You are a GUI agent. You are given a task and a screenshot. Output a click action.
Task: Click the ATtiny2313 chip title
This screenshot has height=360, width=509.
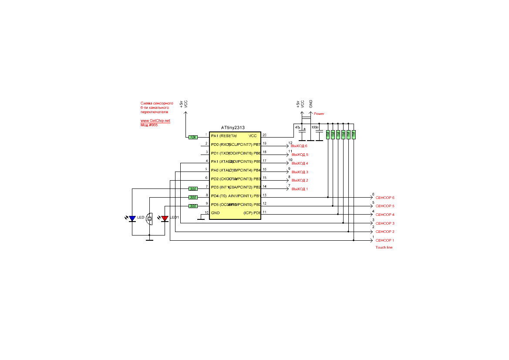click(x=233, y=128)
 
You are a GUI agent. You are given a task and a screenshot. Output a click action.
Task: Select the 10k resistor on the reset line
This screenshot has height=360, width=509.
click(x=193, y=137)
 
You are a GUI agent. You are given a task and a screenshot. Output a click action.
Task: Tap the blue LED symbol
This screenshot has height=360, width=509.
click(x=133, y=219)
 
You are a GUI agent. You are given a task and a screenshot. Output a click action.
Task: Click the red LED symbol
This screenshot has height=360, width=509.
click(x=165, y=219)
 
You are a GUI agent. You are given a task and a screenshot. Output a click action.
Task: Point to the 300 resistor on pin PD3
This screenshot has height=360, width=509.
click(x=193, y=189)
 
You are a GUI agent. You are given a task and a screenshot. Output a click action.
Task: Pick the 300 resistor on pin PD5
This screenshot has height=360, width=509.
click(x=193, y=206)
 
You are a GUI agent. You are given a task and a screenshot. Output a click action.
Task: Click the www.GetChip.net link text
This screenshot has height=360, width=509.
click(x=155, y=121)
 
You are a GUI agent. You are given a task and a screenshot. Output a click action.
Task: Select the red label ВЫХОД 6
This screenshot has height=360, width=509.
click(x=300, y=146)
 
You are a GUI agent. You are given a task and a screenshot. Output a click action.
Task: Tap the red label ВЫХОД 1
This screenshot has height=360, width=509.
click(x=300, y=189)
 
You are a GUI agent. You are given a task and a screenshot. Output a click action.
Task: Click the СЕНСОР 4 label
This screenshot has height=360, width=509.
click(x=385, y=215)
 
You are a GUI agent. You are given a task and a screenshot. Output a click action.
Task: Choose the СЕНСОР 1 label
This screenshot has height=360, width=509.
click(x=385, y=240)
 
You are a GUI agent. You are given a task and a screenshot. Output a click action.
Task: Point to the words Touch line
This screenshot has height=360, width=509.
click(x=384, y=247)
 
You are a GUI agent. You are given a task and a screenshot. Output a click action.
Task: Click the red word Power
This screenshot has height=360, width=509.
click(x=319, y=114)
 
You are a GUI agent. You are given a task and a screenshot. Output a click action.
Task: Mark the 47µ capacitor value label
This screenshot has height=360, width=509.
click(x=297, y=127)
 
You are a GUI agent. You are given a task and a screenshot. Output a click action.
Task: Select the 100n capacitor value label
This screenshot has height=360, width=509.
click(x=314, y=127)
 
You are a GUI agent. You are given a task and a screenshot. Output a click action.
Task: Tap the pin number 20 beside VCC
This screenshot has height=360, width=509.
click(x=264, y=135)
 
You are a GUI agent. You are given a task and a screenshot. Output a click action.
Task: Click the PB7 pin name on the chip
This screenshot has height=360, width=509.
click(x=256, y=145)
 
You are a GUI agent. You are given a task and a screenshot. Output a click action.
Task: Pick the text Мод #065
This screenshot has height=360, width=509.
click(x=149, y=125)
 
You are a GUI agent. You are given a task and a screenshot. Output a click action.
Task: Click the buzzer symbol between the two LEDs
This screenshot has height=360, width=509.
click(x=149, y=219)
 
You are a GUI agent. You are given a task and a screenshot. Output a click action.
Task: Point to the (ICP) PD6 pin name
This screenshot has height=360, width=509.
click(x=252, y=213)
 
